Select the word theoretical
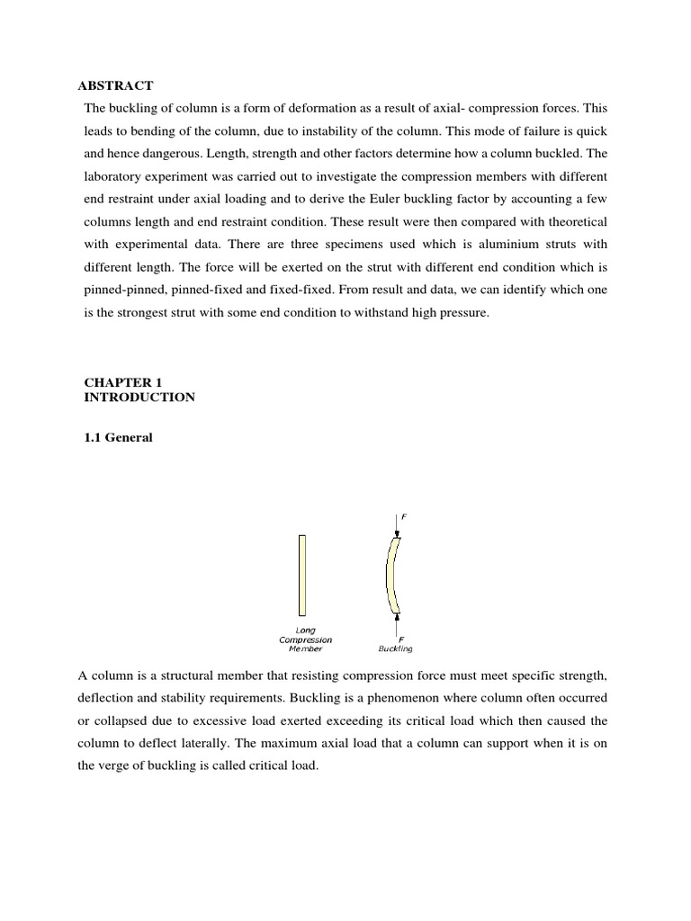[570, 220]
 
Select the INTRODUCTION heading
[139, 397]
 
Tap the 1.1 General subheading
[119, 438]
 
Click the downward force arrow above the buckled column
[397, 524]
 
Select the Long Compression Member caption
[305, 639]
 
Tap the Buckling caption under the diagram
[397, 648]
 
